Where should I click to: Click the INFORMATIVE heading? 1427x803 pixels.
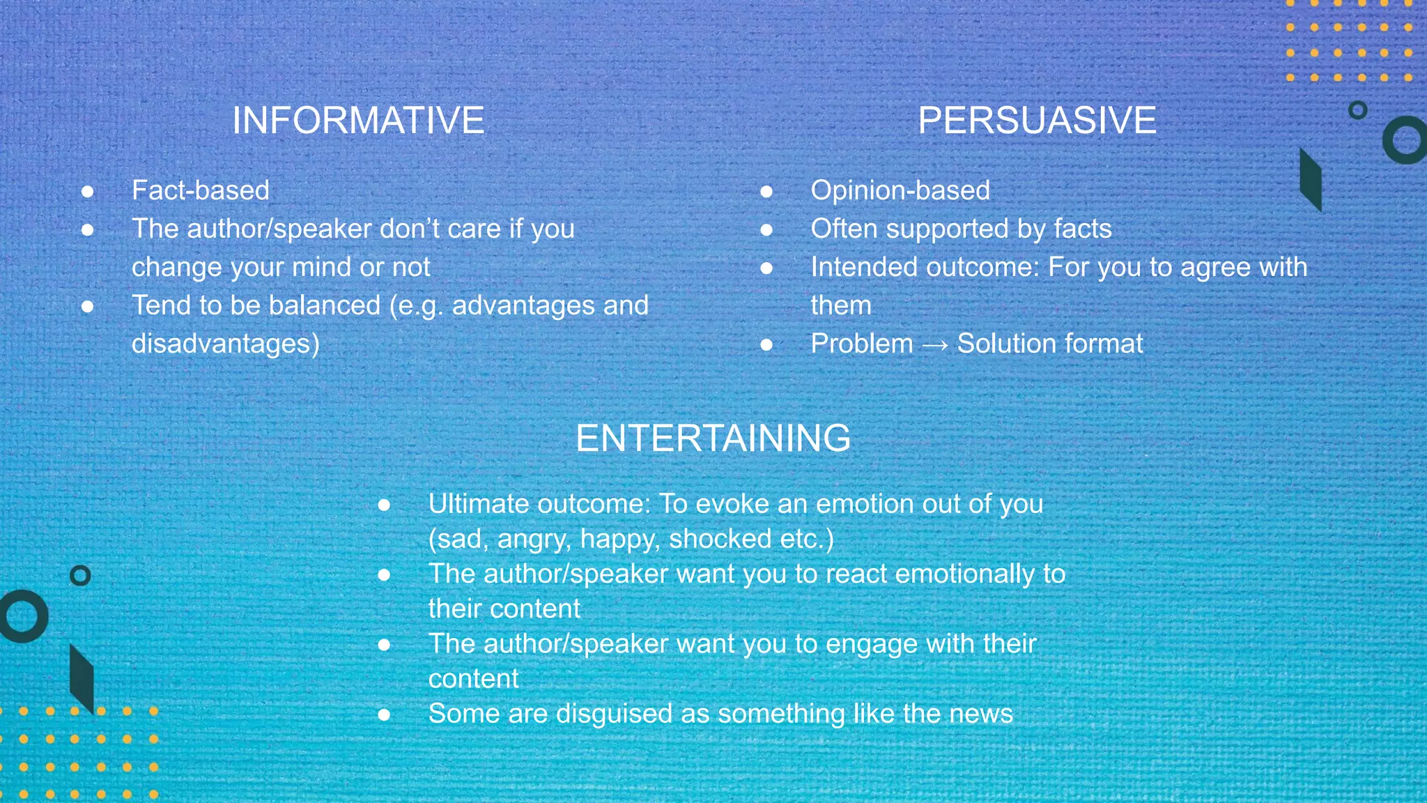[358, 120]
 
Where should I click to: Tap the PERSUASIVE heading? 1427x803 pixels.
[1037, 120]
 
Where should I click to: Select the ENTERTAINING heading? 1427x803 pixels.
[713, 438]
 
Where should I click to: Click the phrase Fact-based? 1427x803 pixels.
[201, 190]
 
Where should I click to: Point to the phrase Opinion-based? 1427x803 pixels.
[900, 190]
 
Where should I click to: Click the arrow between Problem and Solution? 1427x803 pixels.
[934, 345]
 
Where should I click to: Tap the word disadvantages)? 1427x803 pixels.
[225, 344]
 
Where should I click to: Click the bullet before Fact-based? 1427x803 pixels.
[88, 191]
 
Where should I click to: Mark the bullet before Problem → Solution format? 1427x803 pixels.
[766, 344]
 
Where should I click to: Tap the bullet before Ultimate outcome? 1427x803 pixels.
[384, 505]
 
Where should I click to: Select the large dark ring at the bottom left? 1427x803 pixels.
[24, 615]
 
